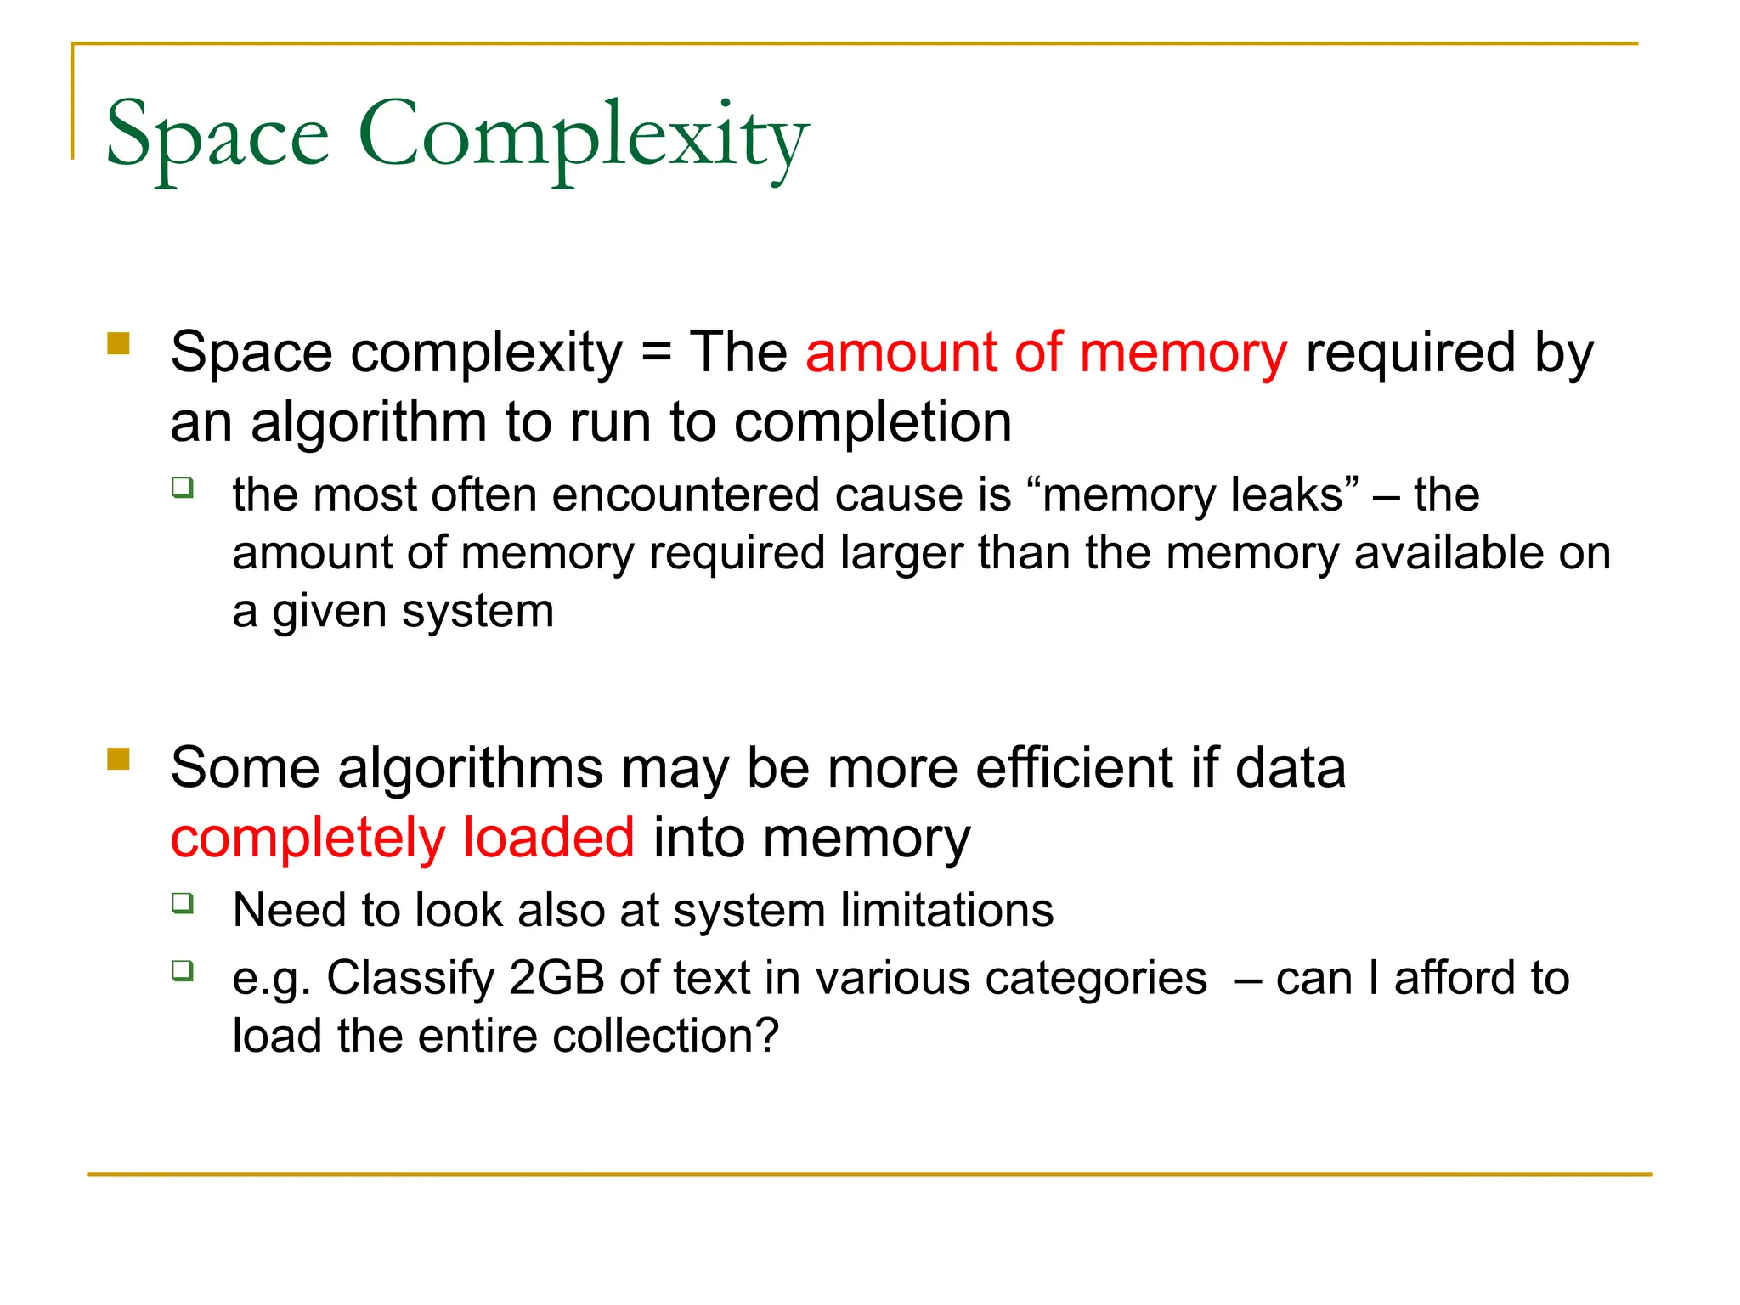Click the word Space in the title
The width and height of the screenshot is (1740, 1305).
(217, 136)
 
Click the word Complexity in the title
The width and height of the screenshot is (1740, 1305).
(583, 136)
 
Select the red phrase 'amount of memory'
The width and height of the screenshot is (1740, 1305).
(1046, 353)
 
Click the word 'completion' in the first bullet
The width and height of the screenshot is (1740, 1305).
(873, 422)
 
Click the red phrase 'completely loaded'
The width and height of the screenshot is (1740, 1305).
(403, 839)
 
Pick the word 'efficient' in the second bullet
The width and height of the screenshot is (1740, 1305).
(1074, 769)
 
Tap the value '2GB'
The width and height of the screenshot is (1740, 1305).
(556, 978)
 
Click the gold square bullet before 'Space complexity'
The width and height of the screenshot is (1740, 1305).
(118, 343)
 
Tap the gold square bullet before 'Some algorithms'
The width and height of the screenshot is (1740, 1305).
(118, 758)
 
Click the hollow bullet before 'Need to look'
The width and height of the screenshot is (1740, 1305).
(183, 902)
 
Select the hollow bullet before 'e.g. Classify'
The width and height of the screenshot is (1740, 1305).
(183, 970)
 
